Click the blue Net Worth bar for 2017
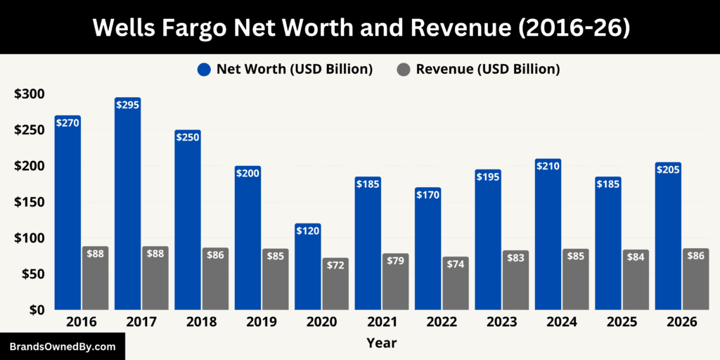click(127, 204)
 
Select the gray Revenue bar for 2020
click(335, 284)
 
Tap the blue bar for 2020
click(308, 267)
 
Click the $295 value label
click(127, 105)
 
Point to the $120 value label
click(308, 230)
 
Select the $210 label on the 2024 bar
click(548, 166)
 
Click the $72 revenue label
click(335, 265)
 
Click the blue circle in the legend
click(204, 69)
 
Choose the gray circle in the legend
click(404, 69)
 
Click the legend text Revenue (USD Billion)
click(487, 69)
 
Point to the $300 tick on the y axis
click(29, 94)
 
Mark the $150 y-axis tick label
click(29, 202)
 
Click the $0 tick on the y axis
click(35, 309)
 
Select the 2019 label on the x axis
click(247, 322)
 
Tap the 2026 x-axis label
click(681, 322)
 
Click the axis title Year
click(381, 343)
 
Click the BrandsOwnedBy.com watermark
click(62, 347)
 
